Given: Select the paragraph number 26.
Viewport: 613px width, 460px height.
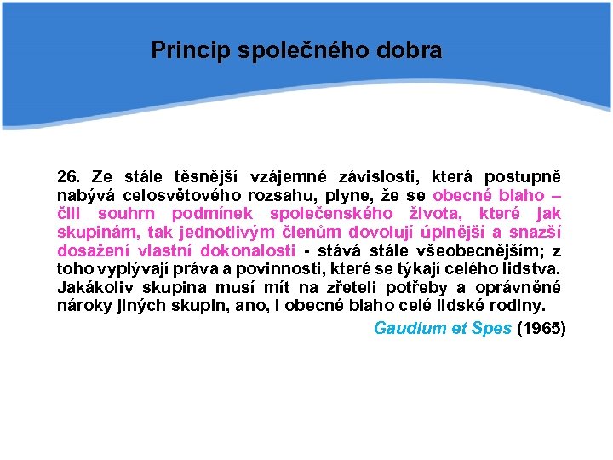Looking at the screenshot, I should coord(68,177).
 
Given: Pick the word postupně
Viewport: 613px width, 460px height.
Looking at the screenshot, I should coord(522,177).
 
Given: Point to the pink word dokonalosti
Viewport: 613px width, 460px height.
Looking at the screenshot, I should coord(248,250).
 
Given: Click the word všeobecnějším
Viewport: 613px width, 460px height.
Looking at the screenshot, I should coord(474,250).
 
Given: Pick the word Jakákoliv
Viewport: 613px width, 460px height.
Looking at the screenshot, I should coord(91,287).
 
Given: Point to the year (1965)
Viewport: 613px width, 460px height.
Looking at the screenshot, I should coord(541,328).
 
